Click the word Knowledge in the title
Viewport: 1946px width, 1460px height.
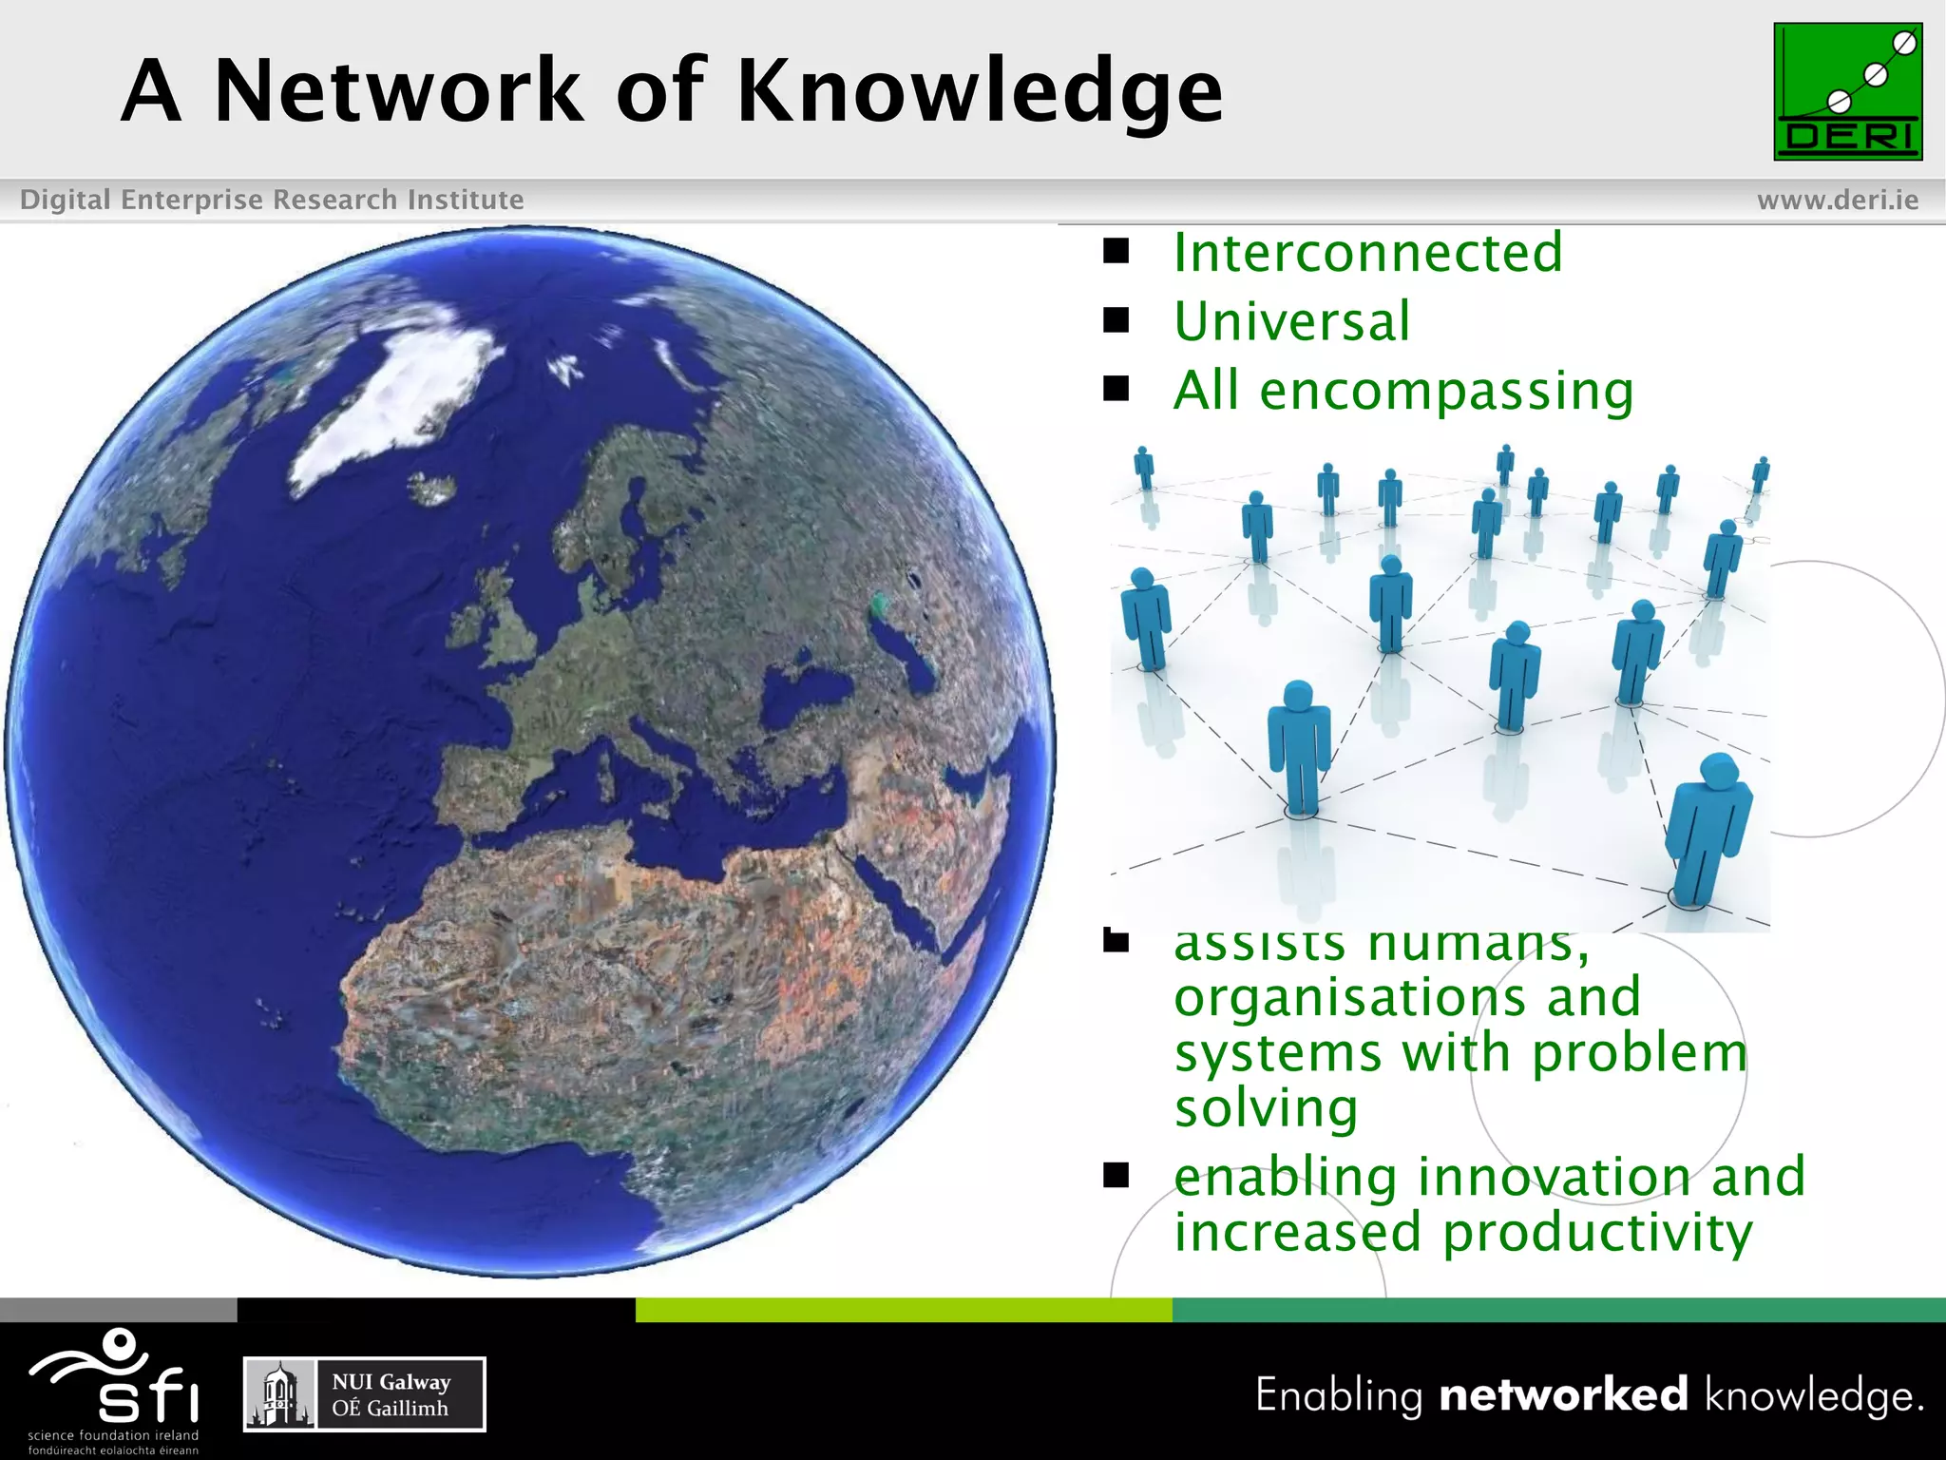[979, 92]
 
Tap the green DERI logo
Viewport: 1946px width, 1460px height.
[1847, 92]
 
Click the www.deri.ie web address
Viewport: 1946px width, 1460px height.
[1837, 200]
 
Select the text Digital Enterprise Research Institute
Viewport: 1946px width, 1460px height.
[272, 200]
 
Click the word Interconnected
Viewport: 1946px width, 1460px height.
[1367, 254]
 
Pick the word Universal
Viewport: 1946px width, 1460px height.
[1291, 322]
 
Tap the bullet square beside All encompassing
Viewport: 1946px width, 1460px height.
[1116, 389]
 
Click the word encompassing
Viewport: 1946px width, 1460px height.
[1445, 392]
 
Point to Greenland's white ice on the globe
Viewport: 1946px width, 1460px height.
[399, 399]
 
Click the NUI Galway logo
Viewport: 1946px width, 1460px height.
[364, 1394]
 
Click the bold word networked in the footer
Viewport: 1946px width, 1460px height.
[1563, 1394]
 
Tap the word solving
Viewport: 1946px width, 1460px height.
[1265, 1109]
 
